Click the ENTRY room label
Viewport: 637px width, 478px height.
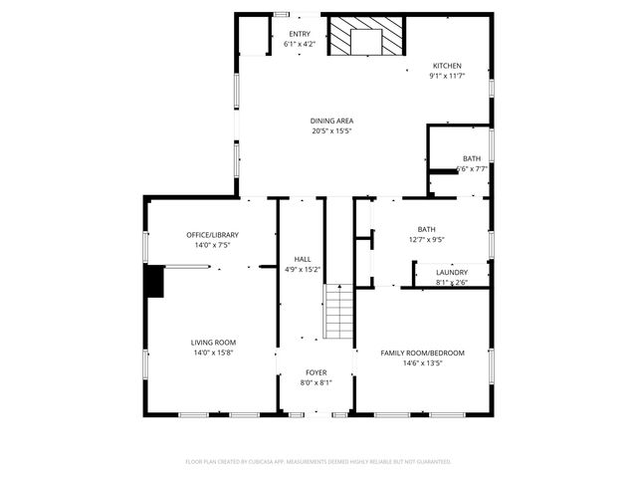[x=300, y=35]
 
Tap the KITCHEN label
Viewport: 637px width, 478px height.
[x=446, y=66]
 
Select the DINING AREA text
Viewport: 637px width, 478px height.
[x=331, y=120]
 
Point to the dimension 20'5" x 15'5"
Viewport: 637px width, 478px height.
[x=331, y=129]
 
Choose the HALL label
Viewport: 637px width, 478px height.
[x=302, y=259]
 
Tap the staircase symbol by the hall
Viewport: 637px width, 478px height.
[x=339, y=313]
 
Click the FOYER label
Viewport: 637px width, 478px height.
[x=317, y=372]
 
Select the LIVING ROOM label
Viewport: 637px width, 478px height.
[x=213, y=343]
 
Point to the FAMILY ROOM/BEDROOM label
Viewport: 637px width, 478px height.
[x=422, y=353]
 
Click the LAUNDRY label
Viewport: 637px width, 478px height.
[x=452, y=273]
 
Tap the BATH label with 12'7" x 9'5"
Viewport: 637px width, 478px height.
[x=426, y=229]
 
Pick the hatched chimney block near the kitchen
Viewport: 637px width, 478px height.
[x=368, y=40]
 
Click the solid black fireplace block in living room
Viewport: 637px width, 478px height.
[x=154, y=281]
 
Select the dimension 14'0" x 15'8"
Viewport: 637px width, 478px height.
[x=213, y=353]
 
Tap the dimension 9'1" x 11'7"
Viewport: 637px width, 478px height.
[x=446, y=76]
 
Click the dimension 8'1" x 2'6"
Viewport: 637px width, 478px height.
[x=452, y=283]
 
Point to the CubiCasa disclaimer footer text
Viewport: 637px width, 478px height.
[x=318, y=462]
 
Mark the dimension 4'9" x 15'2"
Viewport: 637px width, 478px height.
[x=302, y=269]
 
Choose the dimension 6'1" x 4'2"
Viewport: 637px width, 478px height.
[x=300, y=45]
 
